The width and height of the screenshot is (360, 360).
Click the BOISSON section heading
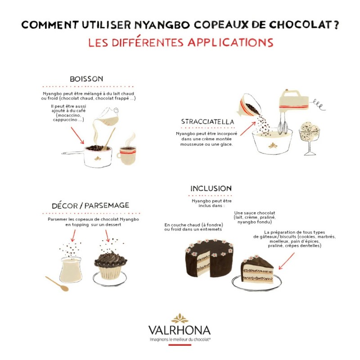pos(86,79)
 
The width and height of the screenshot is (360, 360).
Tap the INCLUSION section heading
pos(211,188)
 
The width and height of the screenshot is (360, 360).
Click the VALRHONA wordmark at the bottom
pos(180,330)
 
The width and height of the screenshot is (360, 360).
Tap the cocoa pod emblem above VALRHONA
pos(180,317)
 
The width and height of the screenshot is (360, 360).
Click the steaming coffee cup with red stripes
pos(127,154)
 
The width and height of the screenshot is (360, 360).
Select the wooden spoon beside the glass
pos(58,284)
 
